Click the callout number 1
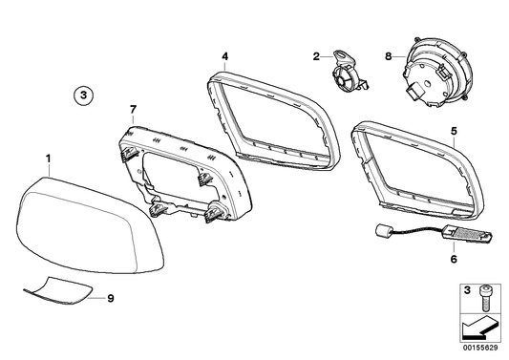[x=51, y=154]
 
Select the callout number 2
[x=315, y=56]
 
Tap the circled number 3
[x=84, y=95]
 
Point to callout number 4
[x=224, y=55]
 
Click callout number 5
[x=454, y=130]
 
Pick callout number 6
[x=454, y=259]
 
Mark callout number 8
[x=389, y=56]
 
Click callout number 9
[x=111, y=298]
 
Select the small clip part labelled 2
[x=349, y=72]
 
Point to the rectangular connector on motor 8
[x=413, y=94]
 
